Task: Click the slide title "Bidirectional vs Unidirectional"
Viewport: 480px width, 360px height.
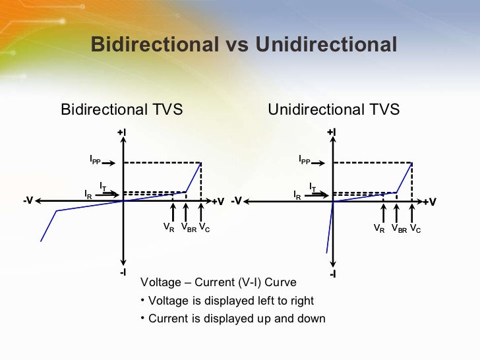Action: click(x=243, y=45)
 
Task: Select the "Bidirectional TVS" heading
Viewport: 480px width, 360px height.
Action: click(x=121, y=109)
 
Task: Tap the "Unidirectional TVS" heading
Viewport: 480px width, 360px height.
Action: click(x=334, y=109)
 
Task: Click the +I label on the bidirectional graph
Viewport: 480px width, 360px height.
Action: click(x=122, y=133)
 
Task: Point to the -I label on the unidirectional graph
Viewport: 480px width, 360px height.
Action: click(x=332, y=273)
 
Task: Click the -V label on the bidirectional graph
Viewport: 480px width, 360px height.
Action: click(x=28, y=200)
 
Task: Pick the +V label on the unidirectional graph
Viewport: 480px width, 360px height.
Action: click(x=430, y=202)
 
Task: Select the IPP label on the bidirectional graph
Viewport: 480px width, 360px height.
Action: click(x=95, y=160)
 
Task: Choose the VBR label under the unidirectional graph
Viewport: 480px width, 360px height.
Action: click(x=399, y=229)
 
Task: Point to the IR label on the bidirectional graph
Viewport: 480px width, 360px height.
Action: click(x=88, y=194)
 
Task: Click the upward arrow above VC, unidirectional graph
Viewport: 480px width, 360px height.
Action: click(x=413, y=212)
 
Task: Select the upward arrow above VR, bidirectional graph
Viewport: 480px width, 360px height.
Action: click(x=173, y=212)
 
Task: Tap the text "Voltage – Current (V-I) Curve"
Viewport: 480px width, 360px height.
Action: click(x=219, y=283)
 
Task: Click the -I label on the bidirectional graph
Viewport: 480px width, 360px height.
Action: click(x=123, y=272)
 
